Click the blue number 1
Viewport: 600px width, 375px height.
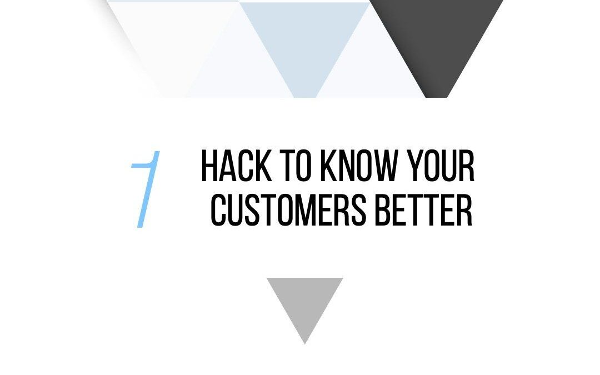click(146, 189)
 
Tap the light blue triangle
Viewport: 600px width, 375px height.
click(304, 39)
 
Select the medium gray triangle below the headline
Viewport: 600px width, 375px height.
click(304, 303)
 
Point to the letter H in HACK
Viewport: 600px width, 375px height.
click(209, 166)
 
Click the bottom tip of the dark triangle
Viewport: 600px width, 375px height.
click(437, 96)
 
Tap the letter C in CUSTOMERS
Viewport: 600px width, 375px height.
click(219, 211)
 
